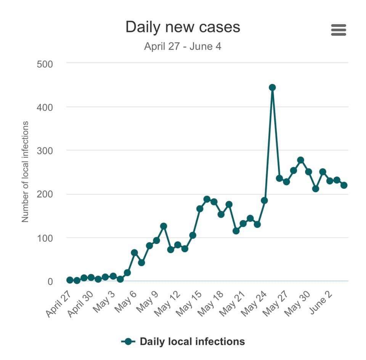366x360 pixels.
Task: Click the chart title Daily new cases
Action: [x=183, y=27]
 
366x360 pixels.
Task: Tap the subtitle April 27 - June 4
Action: [x=183, y=47]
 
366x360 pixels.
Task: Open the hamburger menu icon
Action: [x=339, y=30]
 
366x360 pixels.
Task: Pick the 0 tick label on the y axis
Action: [x=50, y=281]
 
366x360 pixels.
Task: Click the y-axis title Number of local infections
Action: [x=25, y=172]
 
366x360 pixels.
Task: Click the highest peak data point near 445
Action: [x=272, y=87]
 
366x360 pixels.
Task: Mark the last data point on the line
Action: [x=344, y=185]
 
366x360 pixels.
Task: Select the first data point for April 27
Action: [x=70, y=280]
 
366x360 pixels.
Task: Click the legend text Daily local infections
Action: [x=192, y=341]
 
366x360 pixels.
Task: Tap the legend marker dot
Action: [x=128, y=341]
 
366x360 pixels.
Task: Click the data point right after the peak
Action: [x=279, y=178]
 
